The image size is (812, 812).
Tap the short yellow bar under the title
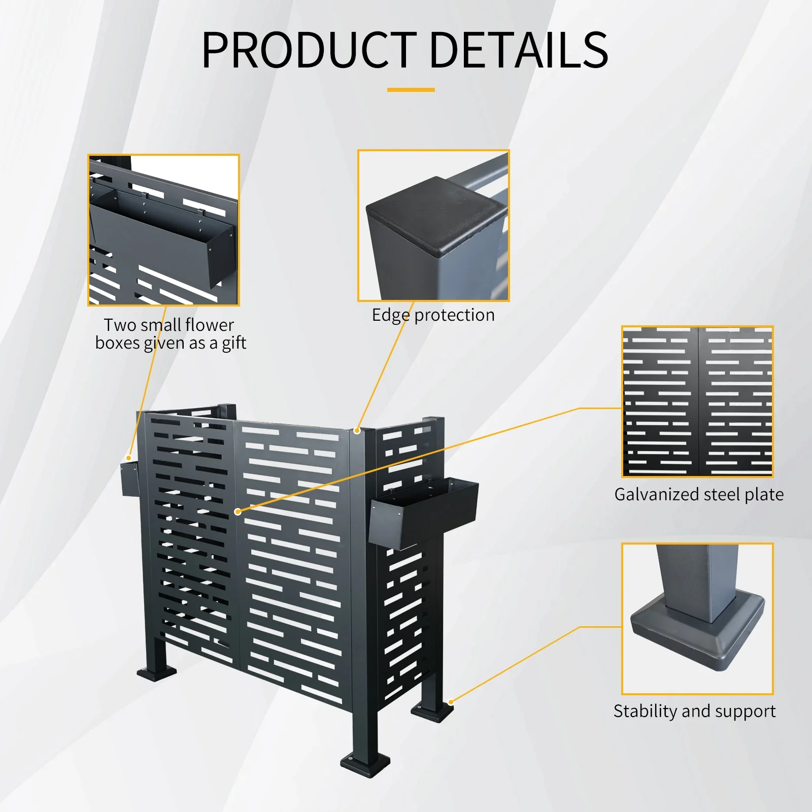[411, 90]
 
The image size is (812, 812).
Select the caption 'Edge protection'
[433, 315]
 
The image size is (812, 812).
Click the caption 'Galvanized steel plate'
[698, 494]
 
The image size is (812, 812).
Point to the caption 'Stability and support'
[694, 711]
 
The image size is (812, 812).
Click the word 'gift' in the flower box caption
[234, 344]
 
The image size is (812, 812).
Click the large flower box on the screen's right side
[424, 513]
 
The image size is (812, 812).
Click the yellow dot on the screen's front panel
[238, 512]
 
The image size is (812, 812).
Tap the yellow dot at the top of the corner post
[357, 431]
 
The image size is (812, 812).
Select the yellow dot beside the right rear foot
[451, 702]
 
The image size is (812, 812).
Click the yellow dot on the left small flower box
[129, 458]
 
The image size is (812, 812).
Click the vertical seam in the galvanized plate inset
[698, 401]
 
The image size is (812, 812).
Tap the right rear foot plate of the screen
[432, 710]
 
